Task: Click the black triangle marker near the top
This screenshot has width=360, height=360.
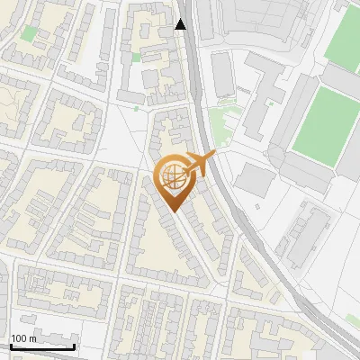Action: pyautogui.click(x=181, y=24)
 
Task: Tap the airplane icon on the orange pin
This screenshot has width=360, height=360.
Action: pyautogui.click(x=200, y=165)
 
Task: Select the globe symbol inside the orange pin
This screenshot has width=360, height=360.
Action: pyautogui.click(x=174, y=178)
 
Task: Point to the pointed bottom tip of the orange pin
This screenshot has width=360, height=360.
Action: pyautogui.click(x=174, y=212)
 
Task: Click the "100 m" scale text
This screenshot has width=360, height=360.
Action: pyautogui.click(x=23, y=338)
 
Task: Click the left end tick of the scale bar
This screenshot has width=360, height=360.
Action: pyautogui.click(x=11, y=345)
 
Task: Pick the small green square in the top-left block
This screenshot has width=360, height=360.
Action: pyautogui.click(x=30, y=34)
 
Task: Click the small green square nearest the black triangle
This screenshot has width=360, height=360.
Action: pyautogui.click(x=137, y=58)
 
